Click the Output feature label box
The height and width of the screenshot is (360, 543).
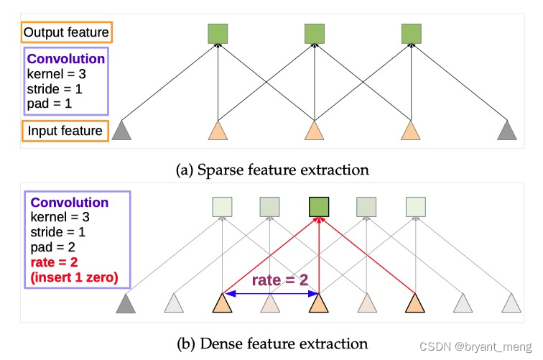click(66, 32)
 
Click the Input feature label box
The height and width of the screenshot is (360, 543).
click(65, 131)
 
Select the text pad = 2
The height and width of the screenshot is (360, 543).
click(50, 244)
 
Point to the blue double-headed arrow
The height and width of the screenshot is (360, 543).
click(269, 293)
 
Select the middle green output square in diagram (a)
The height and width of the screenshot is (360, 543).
click(314, 33)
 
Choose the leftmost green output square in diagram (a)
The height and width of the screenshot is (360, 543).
click(218, 33)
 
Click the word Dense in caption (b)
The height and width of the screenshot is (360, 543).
click(218, 343)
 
